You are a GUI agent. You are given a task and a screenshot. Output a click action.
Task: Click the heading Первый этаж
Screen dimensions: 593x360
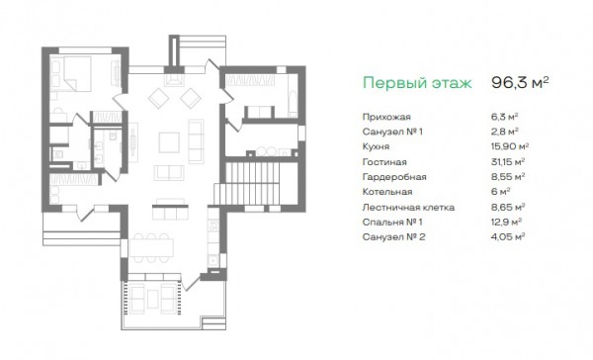[417, 83]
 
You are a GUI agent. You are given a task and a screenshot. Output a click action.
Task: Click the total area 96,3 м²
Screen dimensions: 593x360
[520, 82]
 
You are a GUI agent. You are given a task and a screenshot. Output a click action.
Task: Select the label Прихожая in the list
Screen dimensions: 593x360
[386, 117]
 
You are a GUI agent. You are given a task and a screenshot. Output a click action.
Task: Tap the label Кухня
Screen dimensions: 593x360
[376, 147]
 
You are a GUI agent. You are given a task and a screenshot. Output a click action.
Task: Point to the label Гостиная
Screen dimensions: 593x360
[384, 162]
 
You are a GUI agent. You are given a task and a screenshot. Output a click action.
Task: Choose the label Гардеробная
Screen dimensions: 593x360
[394, 177]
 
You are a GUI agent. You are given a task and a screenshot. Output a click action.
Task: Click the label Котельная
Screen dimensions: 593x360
[386, 192]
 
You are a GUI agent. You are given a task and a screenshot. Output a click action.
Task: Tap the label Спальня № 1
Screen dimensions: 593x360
[392, 223]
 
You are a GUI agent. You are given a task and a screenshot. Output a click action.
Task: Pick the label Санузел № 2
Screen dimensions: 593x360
[393, 237]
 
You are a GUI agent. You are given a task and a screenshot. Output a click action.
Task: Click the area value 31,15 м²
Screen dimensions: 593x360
[508, 161]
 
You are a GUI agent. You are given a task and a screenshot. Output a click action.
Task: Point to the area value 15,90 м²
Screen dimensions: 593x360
[509, 146]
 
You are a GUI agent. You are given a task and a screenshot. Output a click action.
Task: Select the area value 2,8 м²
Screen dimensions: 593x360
[504, 132]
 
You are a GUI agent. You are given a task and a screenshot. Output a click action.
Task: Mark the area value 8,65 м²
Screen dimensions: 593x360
[508, 207]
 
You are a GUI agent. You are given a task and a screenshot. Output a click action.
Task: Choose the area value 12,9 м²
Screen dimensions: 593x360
[506, 222]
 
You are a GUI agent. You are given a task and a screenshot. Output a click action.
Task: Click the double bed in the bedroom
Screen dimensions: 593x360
[76, 74]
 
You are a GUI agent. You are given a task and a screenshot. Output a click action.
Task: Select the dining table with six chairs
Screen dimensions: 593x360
[151, 248]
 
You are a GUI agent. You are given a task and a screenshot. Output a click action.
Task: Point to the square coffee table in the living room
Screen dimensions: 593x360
[169, 142]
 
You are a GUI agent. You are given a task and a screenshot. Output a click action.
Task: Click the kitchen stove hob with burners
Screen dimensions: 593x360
[213, 226]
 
